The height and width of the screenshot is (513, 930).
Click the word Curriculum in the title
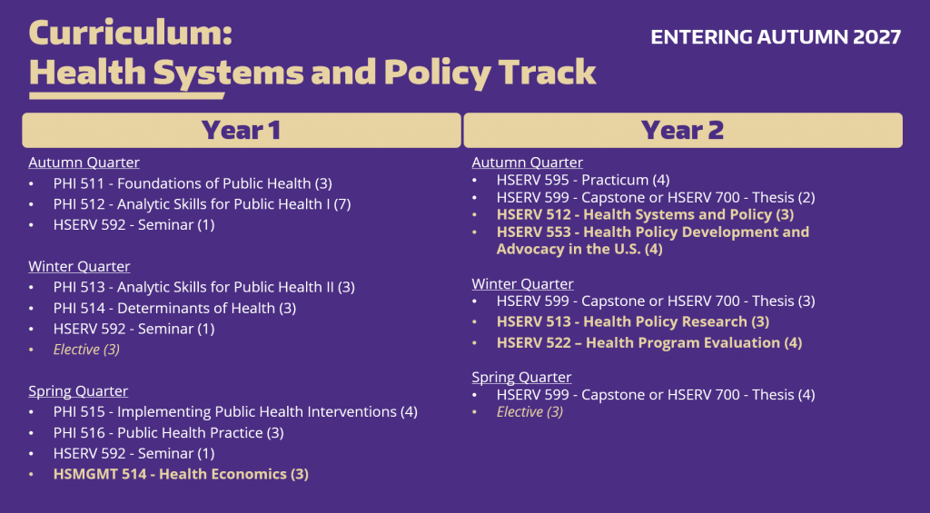pos(131,34)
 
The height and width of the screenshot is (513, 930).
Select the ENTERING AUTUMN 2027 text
pos(776,37)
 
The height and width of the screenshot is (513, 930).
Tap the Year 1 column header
pos(241,130)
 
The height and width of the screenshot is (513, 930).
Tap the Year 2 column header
pos(682,130)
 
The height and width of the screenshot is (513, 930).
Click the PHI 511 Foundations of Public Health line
pos(193,183)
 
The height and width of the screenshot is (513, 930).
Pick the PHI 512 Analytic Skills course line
pos(202,204)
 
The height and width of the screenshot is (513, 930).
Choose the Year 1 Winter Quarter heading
pos(79,266)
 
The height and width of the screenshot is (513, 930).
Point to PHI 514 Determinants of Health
pos(174,308)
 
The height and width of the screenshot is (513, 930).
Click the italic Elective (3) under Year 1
pos(86,350)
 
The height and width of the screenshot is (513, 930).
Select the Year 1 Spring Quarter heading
pos(78,391)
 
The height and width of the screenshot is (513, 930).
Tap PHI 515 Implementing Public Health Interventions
pos(235,411)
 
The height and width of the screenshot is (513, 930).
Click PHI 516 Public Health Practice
pos(168,432)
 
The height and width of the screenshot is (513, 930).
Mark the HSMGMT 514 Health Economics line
pos(181,474)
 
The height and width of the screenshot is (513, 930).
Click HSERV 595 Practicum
pos(582,180)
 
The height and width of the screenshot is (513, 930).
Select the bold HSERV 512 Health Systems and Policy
pos(645,214)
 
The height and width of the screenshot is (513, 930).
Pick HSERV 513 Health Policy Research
pos(632,321)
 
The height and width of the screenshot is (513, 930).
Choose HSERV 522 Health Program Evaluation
pos(648,342)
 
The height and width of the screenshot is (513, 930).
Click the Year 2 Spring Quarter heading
pos(521,377)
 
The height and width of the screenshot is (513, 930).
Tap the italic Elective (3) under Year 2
pos(529,412)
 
